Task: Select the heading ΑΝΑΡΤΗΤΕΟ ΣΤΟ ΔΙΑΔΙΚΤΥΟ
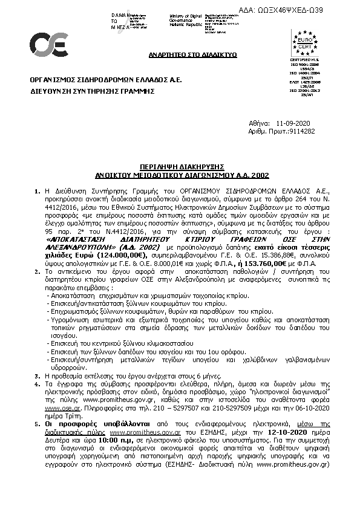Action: [x=192, y=55]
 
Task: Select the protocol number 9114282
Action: [x=303, y=131]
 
